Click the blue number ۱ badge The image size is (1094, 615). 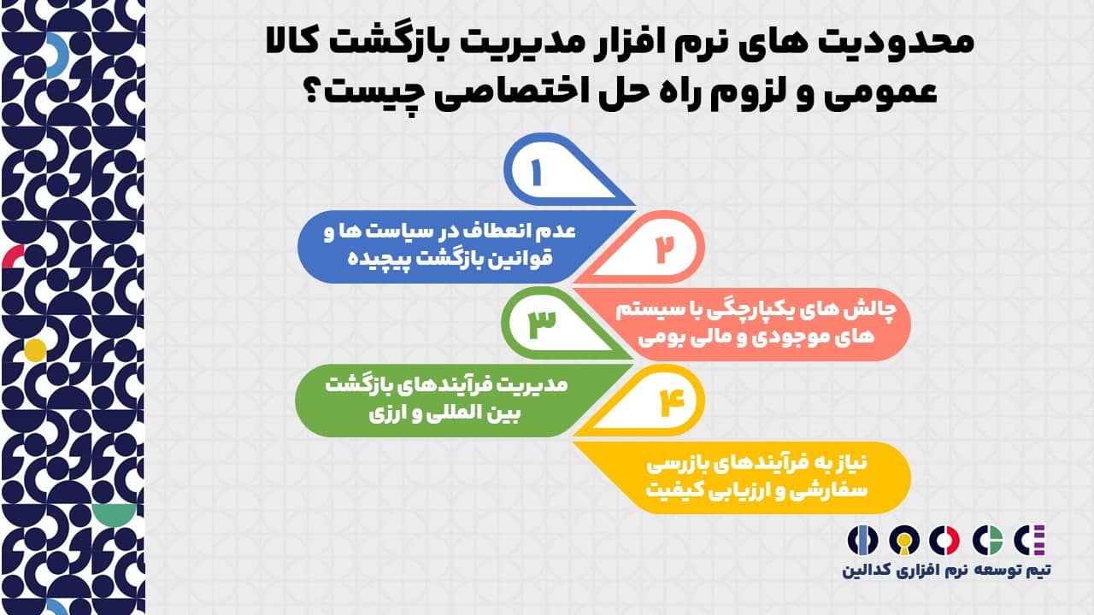[562, 171]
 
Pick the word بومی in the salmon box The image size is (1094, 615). [657, 337]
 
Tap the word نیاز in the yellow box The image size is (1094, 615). [846, 464]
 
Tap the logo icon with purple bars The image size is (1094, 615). [1030, 541]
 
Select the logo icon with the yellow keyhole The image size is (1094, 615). [904, 541]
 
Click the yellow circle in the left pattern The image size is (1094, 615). [35, 350]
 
